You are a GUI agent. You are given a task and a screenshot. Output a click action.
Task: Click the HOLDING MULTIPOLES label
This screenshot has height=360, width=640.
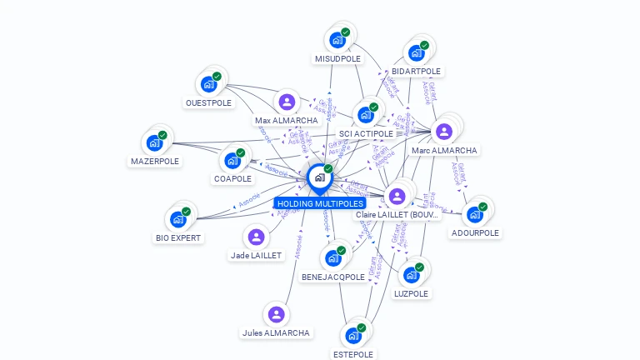320,203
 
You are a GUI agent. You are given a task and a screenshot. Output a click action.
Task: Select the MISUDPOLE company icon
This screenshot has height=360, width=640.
337,40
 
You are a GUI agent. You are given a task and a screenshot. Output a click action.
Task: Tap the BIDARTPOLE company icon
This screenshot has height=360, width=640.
416,53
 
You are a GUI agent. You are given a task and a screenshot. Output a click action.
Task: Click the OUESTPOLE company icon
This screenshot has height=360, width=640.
208,84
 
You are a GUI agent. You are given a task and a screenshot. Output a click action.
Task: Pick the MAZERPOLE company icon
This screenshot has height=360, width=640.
154,142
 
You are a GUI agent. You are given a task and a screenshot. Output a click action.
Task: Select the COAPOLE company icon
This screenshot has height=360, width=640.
232,160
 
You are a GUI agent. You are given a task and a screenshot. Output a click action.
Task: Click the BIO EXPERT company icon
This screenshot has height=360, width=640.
177,219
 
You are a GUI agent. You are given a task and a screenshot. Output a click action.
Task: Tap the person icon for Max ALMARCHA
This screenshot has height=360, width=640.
287,102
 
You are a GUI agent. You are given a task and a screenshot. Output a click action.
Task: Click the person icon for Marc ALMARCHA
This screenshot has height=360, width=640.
444,131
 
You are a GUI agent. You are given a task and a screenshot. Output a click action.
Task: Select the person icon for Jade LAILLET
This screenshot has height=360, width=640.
256,237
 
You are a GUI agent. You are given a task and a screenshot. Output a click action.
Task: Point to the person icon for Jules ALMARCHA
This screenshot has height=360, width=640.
276,314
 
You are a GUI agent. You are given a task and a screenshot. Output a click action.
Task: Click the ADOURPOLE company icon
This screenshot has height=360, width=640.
474,214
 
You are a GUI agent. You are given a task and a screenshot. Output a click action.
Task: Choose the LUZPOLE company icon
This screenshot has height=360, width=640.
411,274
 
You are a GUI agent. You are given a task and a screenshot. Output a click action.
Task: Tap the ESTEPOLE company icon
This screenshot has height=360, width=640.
352,336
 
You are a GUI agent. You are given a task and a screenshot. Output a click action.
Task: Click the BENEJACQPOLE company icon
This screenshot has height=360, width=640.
333,257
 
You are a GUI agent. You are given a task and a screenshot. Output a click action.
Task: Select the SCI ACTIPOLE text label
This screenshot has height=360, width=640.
366,133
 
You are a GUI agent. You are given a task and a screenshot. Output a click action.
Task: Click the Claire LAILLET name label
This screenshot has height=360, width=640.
397,215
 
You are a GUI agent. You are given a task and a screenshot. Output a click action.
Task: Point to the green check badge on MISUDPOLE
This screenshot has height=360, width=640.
346,32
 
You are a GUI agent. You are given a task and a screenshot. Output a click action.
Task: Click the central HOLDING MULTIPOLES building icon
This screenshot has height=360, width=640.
319,177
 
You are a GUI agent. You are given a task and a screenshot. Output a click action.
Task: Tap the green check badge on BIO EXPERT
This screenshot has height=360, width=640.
186,212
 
